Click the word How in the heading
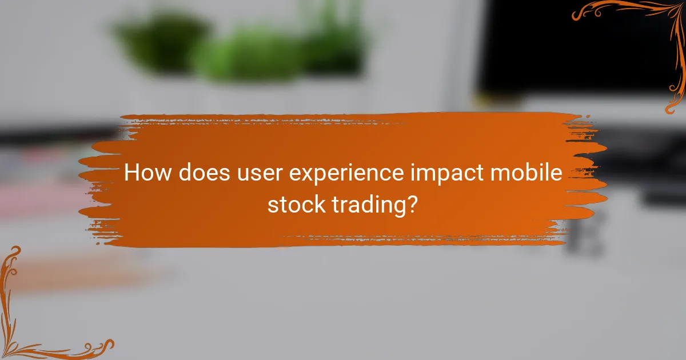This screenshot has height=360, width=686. tap(146, 173)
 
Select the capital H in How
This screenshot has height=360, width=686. tap(131, 173)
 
